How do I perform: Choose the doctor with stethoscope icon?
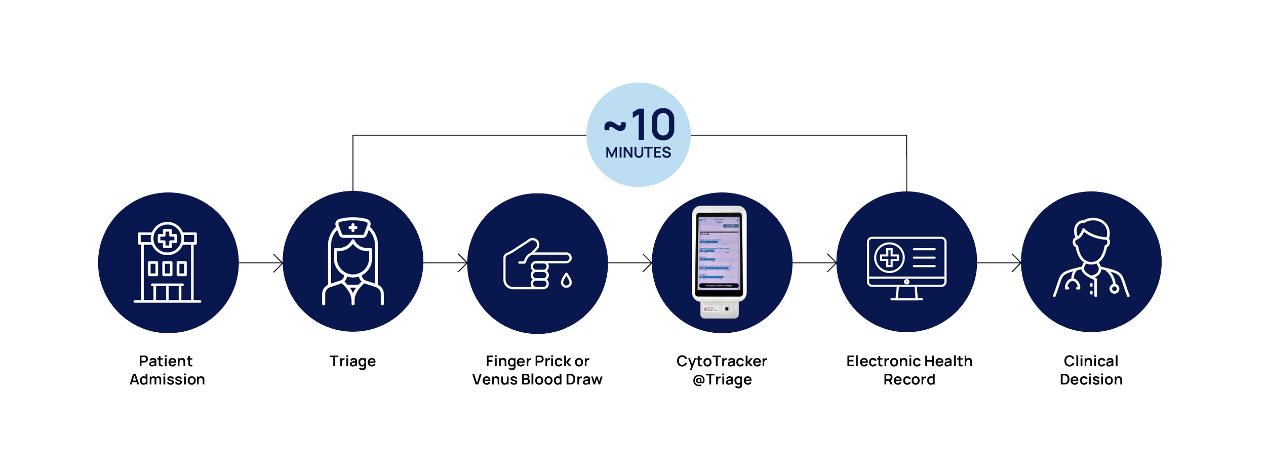pos(1091,258)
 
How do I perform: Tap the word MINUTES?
pos(638,152)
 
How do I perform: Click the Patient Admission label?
pos(167,370)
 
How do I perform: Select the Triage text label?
pos(352,362)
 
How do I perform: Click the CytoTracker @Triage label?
pos(722,370)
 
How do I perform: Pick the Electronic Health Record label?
pos(909,370)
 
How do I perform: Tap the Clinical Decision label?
pos(1091,370)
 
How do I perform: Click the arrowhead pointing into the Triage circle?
pos(279,263)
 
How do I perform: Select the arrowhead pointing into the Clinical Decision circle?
pos(1016,263)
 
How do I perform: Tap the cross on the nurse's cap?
pos(353,228)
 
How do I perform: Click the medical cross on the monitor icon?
pos(889,257)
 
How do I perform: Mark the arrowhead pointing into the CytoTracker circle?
pos(648,263)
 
